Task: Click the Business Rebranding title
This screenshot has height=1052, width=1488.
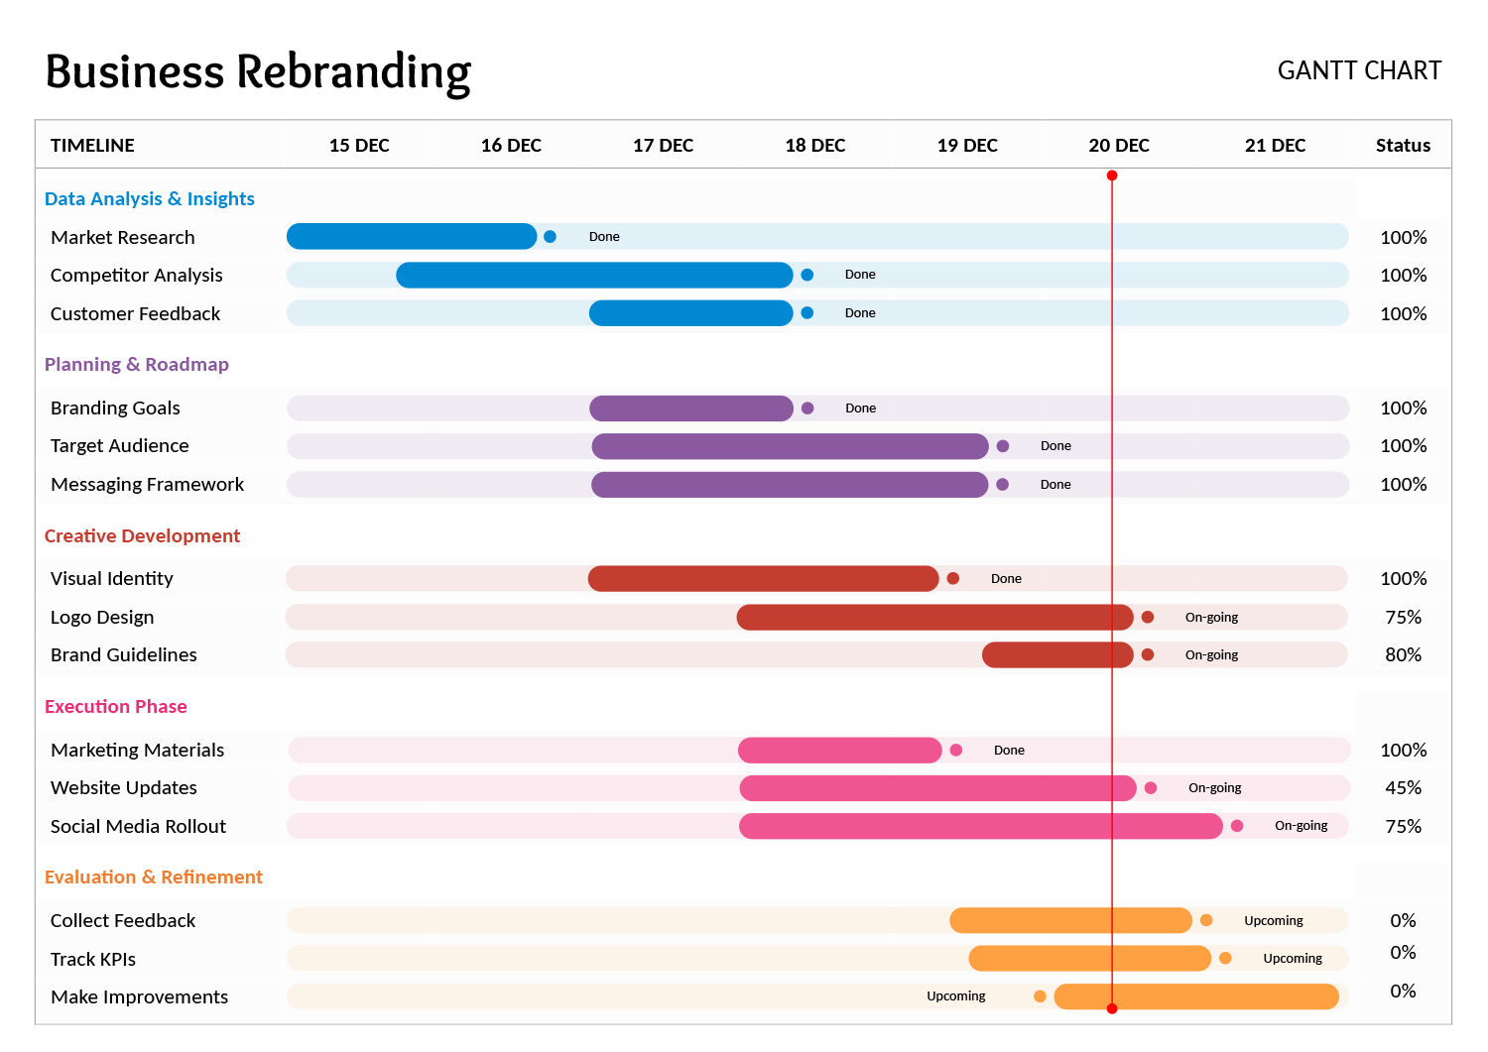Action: pyautogui.click(x=258, y=72)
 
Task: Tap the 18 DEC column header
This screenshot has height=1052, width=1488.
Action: pyautogui.click(x=814, y=146)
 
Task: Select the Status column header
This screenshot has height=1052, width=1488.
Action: pyautogui.click(x=1403, y=146)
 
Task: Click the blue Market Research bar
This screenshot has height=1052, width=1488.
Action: pyautogui.click(x=411, y=237)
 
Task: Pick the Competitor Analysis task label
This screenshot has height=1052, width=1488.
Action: pyautogui.click(x=136, y=276)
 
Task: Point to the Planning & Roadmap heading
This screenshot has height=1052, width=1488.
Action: pyautogui.click(x=137, y=364)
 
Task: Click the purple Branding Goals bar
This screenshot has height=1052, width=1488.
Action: pyautogui.click(x=690, y=409)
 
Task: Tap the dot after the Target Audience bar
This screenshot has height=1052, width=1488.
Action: pyautogui.click(x=1003, y=446)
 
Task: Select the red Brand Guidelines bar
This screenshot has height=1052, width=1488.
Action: pyautogui.click(x=1057, y=655)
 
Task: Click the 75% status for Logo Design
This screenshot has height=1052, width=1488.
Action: pyautogui.click(x=1403, y=618)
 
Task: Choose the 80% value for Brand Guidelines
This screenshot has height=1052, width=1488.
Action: pyautogui.click(x=1403, y=655)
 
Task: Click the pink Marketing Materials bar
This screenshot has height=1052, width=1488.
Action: pyautogui.click(x=839, y=751)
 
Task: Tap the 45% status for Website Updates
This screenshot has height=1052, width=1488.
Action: pyautogui.click(x=1403, y=788)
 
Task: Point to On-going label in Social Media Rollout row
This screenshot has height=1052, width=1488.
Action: pyautogui.click(x=1301, y=826)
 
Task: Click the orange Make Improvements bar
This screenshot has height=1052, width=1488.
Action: pyautogui.click(x=1196, y=996)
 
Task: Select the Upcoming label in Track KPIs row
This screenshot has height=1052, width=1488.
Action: pyautogui.click(x=1293, y=959)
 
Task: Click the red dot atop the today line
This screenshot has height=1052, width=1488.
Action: pyautogui.click(x=1112, y=175)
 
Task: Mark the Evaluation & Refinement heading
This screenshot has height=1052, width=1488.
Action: pyautogui.click(x=154, y=877)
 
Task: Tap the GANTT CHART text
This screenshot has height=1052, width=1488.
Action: pyautogui.click(x=1359, y=71)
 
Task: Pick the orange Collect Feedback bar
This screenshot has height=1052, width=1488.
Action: pyautogui.click(x=1070, y=921)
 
